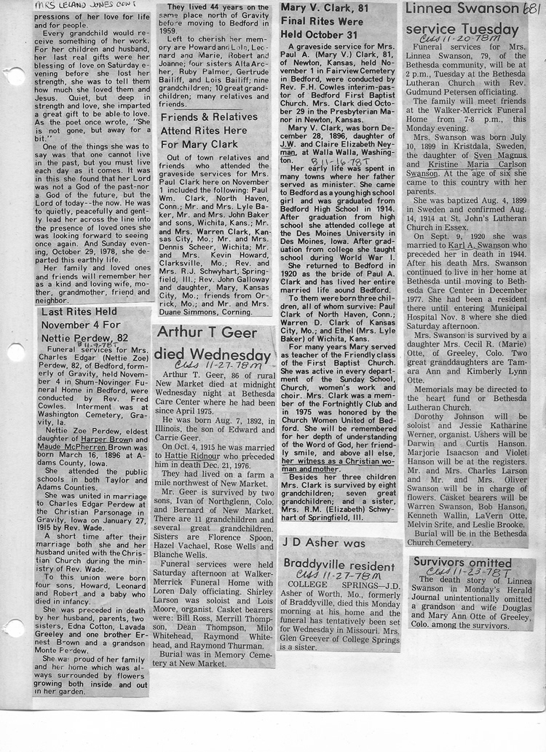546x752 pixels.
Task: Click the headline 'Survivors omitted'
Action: tap(462, 563)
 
